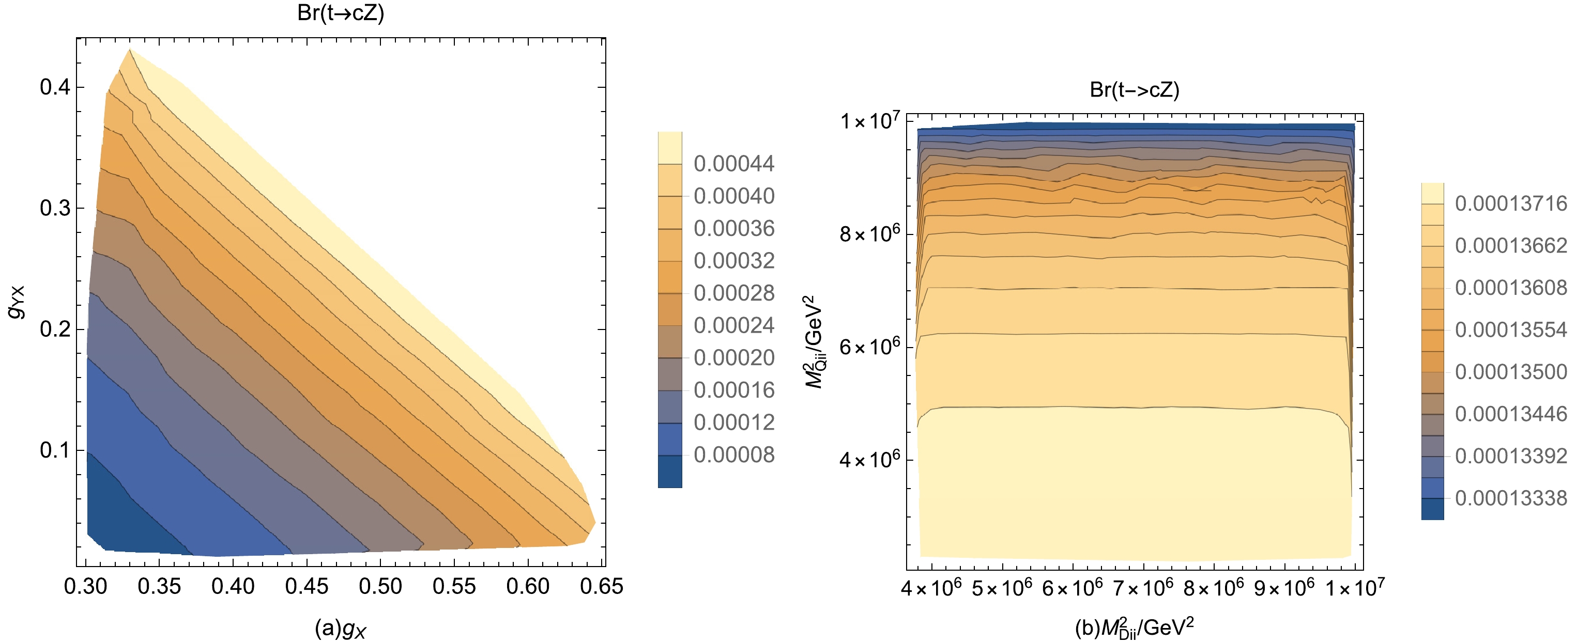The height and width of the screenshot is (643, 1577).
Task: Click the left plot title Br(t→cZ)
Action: pyautogui.click(x=341, y=13)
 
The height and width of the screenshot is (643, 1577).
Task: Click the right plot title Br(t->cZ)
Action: pyautogui.click(x=1134, y=90)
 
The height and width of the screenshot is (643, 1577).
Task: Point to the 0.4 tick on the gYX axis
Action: pyautogui.click(x=55, y=87)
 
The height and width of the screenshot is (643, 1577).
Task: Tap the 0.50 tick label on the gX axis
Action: pyautogui.click(x=380, y=586)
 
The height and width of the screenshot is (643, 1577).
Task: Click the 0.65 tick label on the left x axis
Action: pyautogui.click(x=601, y=586)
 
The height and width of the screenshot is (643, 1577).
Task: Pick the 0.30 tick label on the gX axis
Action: pyautogui.click(x=86, y=586)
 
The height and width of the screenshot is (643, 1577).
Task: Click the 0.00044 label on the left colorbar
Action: pyautogui.click(x=733, y=163)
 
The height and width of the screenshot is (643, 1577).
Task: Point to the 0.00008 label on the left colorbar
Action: pyautogui.click(x=733, y=454)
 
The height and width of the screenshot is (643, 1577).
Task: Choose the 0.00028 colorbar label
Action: pyautogui.click(x=733, y=293)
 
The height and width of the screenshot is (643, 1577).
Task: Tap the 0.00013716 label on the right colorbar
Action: pyautogui.click(x=1510, y=203)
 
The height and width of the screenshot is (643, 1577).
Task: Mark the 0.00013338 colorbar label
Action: pyautogui.click(x=1510, y=498)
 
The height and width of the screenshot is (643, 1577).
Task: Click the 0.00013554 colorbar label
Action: pyautogui.click(x=1510, y=330)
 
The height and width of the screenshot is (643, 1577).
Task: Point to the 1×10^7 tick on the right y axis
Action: pyautogui.click(x=869, y=120)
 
